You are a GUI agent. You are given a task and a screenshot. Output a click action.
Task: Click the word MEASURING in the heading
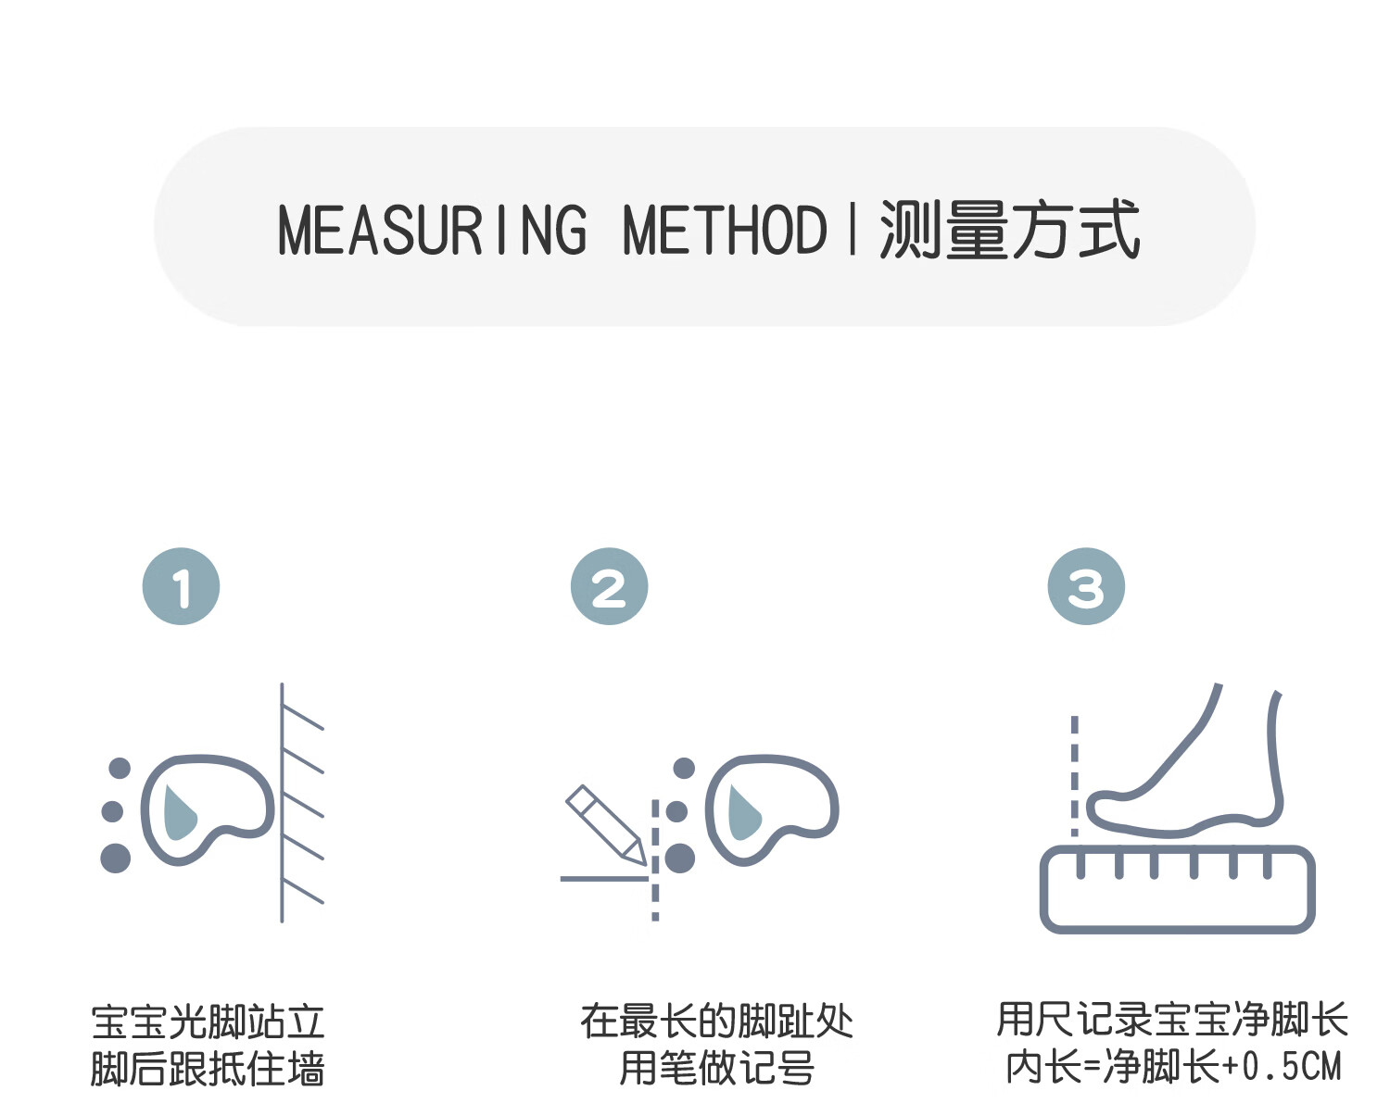pos(432,230)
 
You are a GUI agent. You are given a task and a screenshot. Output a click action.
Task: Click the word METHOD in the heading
pos(725,230)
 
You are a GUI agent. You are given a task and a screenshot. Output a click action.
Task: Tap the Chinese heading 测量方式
pos(1009,230)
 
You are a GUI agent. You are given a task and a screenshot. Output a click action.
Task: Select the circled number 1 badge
pos(181,586)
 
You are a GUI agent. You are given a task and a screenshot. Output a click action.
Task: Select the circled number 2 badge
pos(609,586)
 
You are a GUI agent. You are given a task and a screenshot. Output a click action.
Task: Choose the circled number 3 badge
pos(1086,586)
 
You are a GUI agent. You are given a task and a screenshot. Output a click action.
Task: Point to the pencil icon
pos(605,824)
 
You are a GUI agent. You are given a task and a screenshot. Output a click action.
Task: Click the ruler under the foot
pos(1177,889)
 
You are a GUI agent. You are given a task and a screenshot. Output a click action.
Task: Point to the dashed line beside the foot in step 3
pos(1075,773)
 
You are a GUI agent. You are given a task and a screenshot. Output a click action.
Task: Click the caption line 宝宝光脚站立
pos(208,1022)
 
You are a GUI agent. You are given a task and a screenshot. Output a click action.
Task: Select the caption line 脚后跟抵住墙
pos(208,1069)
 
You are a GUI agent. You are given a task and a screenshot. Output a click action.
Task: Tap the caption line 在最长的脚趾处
pos(716,1022)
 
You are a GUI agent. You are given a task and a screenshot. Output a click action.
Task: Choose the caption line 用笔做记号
pos(716,1068)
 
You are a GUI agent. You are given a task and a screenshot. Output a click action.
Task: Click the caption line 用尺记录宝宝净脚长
pos(1172,1021)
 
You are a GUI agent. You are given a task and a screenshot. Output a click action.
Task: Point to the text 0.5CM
pos(1292,1067)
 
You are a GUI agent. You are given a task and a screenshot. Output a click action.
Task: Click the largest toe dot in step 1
pos(115,858)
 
